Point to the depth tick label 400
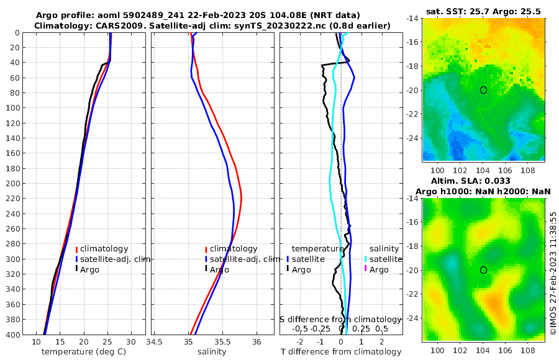(x=13, y=335)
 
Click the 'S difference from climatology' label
(x=341, y=319)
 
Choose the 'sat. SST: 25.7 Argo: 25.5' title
(x=483, y=12)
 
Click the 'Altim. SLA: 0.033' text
(x=483, y=181)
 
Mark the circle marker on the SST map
(x=483, y=90)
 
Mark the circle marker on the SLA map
(x=483, y=270)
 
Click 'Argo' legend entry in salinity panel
(x=219, y=269)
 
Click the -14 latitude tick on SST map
(x=414, y=19)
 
